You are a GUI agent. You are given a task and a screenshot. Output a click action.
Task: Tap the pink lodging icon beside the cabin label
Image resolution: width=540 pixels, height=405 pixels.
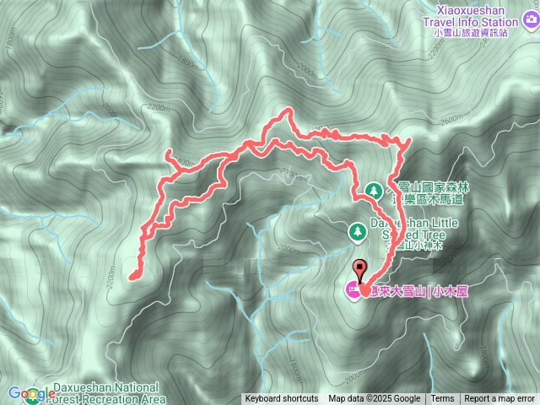click(352, 290)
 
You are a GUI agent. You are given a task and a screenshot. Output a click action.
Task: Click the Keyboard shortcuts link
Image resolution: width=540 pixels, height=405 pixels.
click(282, 398)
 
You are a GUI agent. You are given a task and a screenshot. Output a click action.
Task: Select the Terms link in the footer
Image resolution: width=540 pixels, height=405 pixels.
click(442, 398)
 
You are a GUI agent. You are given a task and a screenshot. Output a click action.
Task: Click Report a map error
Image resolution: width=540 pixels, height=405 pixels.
click(499, 398)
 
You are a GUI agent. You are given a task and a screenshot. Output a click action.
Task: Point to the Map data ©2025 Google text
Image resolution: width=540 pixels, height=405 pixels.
click(375, 398)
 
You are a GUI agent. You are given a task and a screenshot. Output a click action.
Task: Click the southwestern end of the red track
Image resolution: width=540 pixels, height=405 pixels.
click(132, 275)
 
